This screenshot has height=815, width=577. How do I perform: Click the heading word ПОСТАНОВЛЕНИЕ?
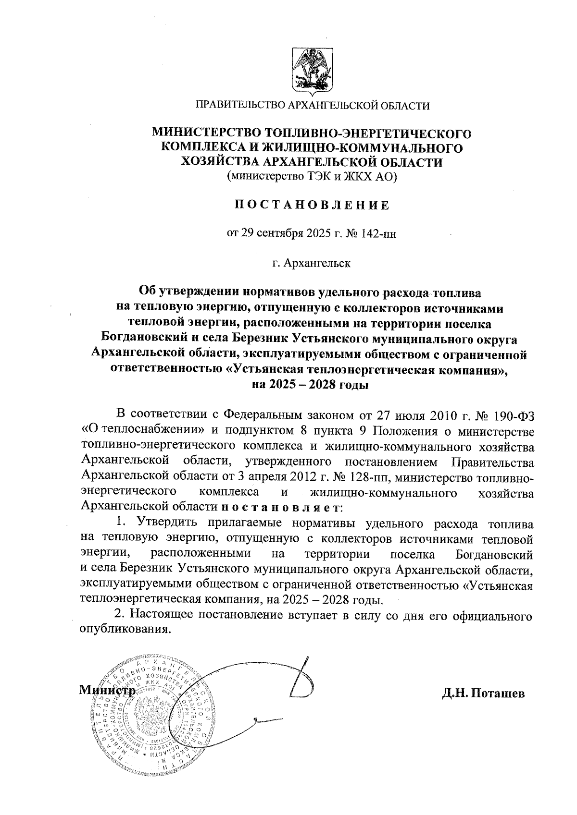pyautogui.click(x=312, y=206)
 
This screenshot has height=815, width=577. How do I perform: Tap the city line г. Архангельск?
pyautogui.click(x=312, y=263)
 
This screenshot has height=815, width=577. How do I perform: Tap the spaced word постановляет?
pyautogui.click(x=282, y=507)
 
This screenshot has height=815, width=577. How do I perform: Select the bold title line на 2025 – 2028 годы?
pyautogui.click(x=312, y=385)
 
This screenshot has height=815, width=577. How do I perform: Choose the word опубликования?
pyautogui.click(x=125, y=629)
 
